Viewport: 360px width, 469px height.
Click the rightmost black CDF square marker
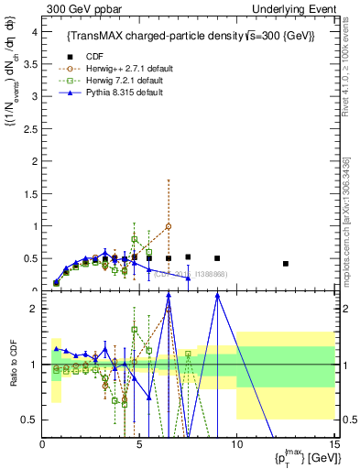pyautogui.click(x=286, y=264)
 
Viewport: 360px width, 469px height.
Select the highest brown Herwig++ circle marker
pyautogui.click(x=169, y=226)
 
